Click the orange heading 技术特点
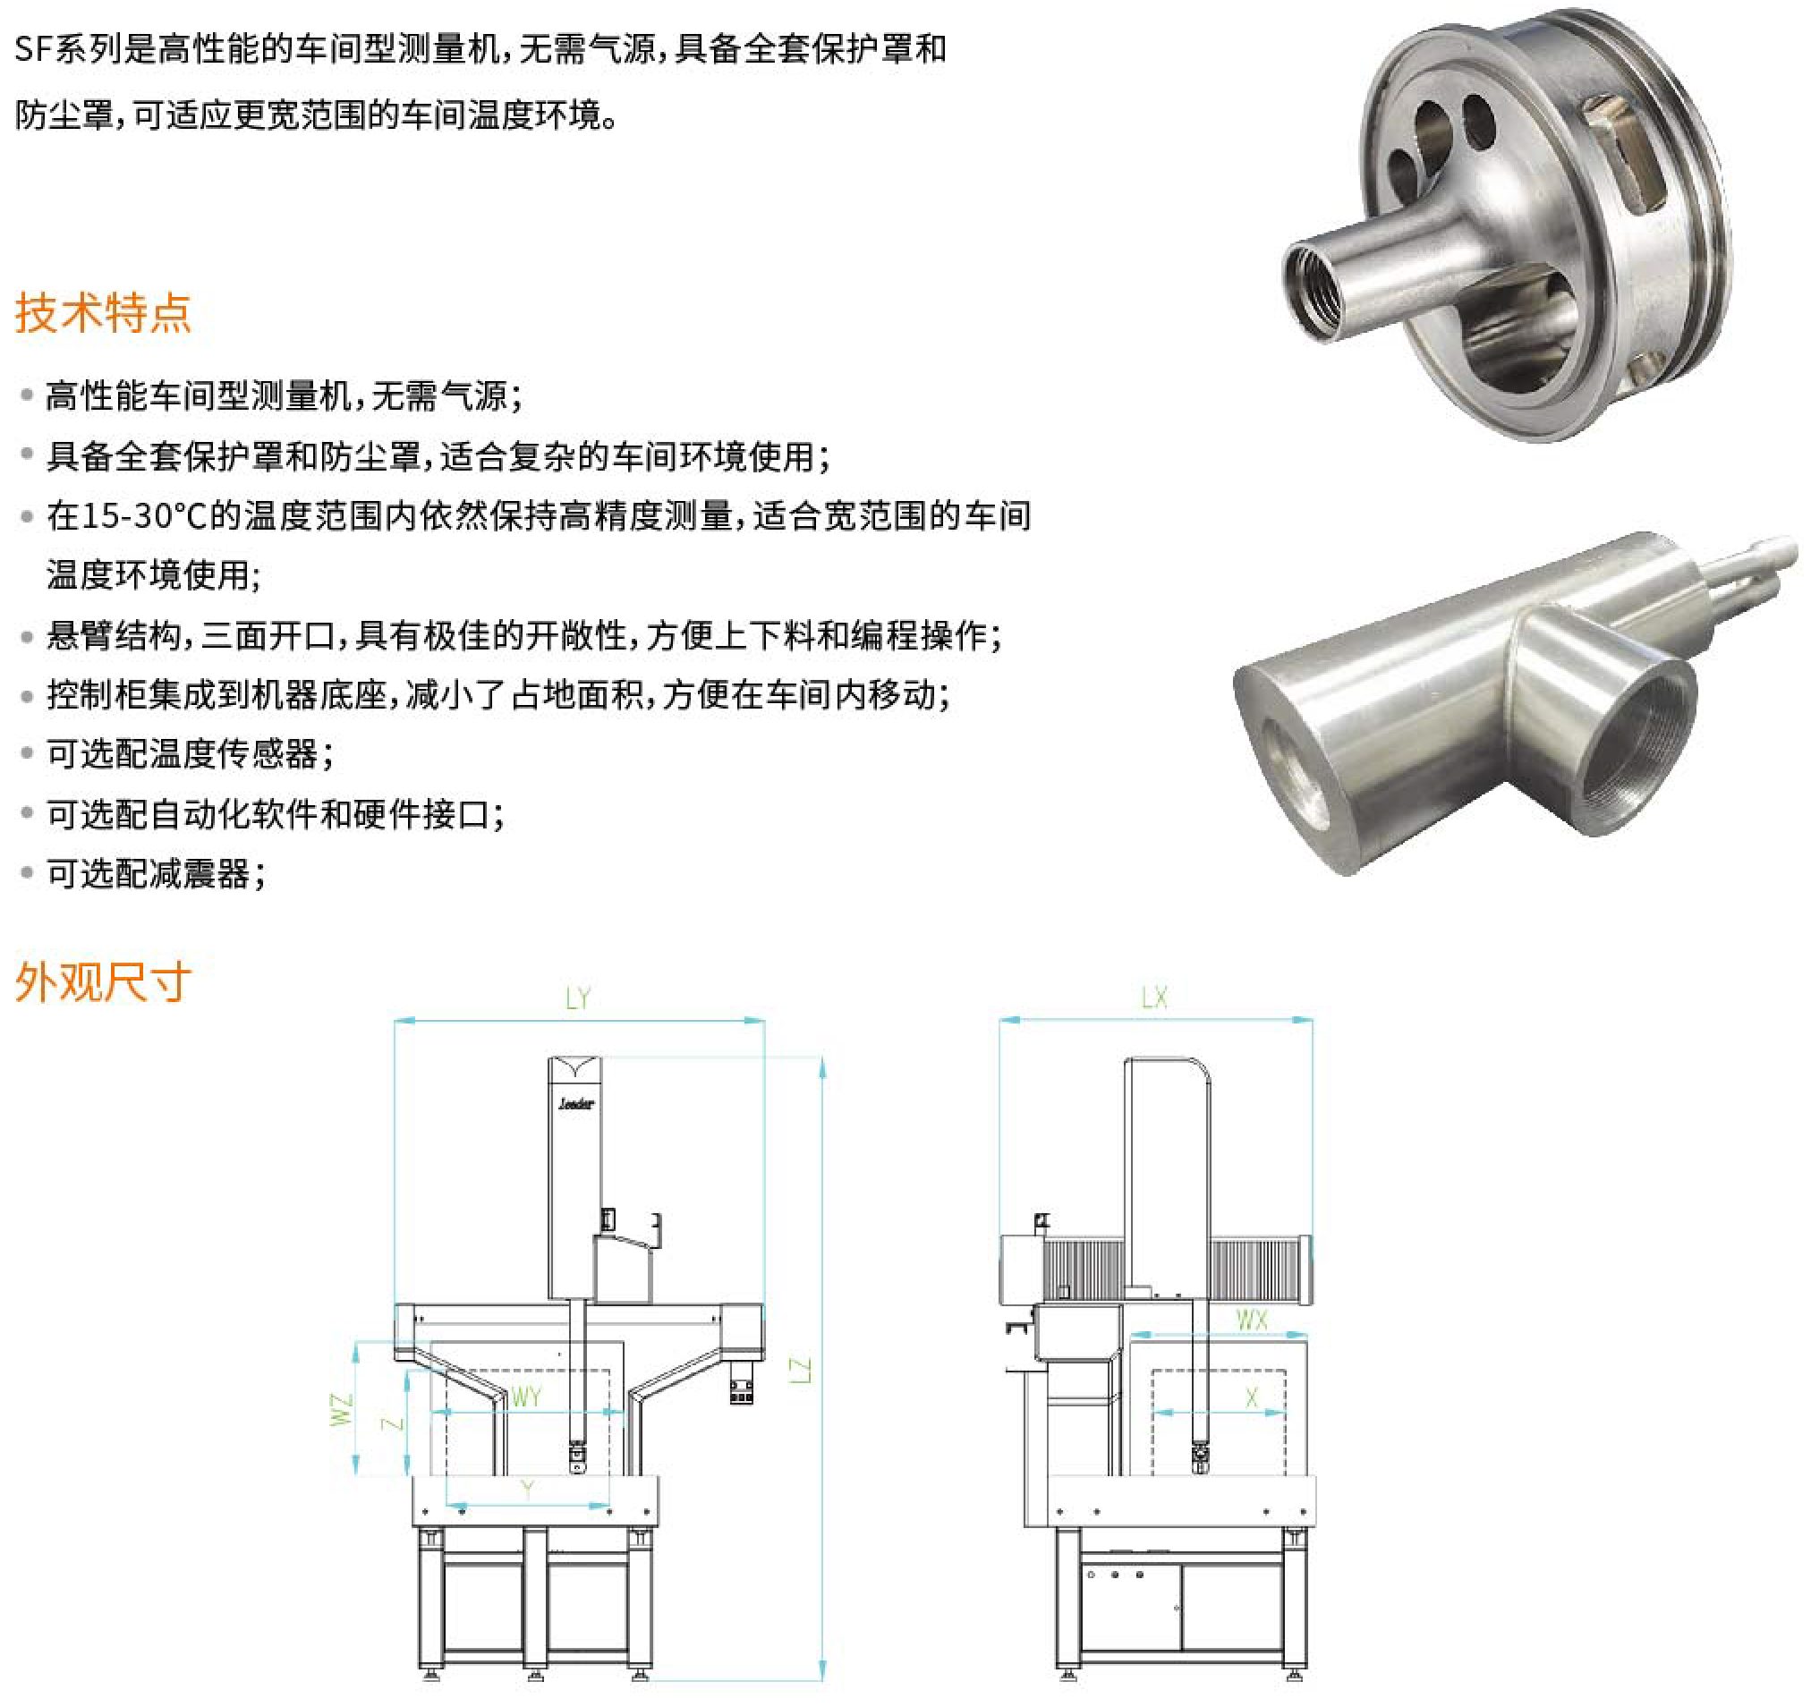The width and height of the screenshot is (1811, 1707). point(103,312)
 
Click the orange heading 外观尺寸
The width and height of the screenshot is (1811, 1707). point(103,982)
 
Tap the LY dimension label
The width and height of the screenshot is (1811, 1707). point(577,999)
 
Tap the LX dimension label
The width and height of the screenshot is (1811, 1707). point(1154,998)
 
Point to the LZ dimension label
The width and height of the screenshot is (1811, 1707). point(799,1371)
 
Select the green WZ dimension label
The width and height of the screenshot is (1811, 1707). point(341,1408)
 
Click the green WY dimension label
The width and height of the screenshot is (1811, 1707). point(526,1397)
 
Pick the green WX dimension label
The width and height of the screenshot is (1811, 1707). point(1252,1320)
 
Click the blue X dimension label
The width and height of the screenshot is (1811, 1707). point(1252,1397)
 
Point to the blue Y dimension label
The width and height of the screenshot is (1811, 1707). point(527,1490)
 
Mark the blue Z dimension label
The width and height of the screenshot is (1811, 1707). point(392,1422)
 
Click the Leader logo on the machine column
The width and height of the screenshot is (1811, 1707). point(575,1104)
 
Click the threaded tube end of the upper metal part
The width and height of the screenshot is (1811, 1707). point(1313,292)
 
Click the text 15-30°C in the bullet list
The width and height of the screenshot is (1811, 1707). point(145,515)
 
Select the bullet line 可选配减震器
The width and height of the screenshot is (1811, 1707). point(156,873)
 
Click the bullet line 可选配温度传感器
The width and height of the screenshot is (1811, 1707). point(190,754)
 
